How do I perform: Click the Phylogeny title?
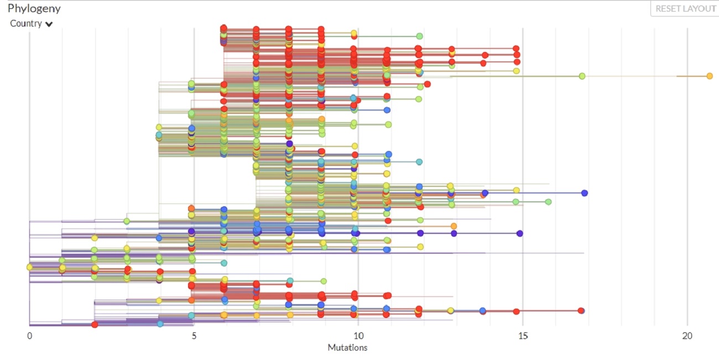[34, 9]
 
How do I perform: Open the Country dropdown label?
[26, 24]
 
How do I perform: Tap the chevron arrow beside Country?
[49, 24]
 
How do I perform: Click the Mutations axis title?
[347, 348]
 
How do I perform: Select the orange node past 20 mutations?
[710, 76]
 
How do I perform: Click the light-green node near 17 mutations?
[582, 76]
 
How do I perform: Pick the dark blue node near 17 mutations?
[585, 193]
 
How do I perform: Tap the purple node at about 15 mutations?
[520, 233]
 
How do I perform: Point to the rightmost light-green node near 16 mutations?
[548, 202]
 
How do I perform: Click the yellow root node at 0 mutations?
[30, 267]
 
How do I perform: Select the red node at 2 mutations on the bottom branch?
[95, 325]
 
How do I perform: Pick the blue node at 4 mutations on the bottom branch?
[160, 324]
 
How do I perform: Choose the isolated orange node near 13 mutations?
[454, 226]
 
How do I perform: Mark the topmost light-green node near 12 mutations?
[419, 36]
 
